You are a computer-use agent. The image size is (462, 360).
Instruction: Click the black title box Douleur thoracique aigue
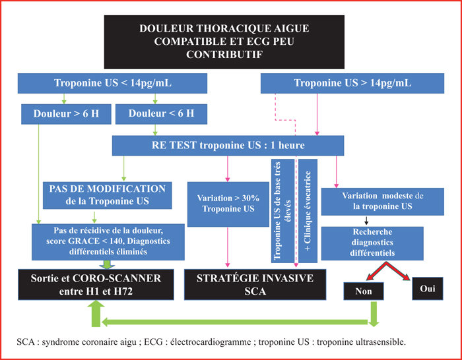[x=224, y=42]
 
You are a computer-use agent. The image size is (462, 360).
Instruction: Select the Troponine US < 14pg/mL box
[x=112, y=83]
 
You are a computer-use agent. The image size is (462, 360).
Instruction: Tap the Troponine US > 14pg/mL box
[x=352, y=83]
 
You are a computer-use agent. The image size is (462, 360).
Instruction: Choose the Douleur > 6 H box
[x=66, y=114]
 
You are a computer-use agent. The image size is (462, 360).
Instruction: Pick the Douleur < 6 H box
[x=161, y=114]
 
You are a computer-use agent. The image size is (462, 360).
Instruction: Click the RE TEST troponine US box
[x=228, y=146]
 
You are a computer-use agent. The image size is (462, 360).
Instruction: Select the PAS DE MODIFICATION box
[x=107, y=195]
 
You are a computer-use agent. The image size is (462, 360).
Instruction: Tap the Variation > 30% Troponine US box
[x=228, y=204]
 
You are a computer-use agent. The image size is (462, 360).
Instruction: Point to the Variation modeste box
[x=382, y=202]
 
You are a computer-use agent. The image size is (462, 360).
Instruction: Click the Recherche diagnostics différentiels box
[x=372, y=243]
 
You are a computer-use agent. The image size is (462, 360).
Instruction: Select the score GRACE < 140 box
[x=108, y=242]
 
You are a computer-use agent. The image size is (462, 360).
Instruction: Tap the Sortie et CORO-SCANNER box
[x=96, y=285]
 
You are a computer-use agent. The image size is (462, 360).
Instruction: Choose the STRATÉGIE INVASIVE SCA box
[x=255, y=285]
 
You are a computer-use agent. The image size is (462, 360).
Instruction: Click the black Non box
[x=364, y=291]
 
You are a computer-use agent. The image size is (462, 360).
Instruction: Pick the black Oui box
[x=428, y=289]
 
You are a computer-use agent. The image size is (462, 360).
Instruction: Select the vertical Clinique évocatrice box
[x=308, y=211]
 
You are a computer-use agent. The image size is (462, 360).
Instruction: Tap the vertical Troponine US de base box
[x=283, y=211]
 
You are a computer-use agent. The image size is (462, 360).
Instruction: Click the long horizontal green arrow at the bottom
[x=234, y=322]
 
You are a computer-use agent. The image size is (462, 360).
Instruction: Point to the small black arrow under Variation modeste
[x=366, y=221]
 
